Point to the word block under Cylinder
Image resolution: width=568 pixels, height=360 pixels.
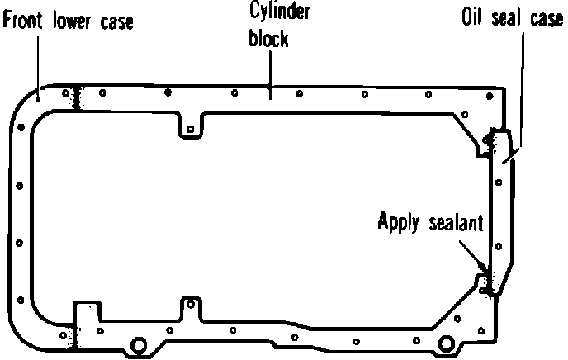click(268, 38)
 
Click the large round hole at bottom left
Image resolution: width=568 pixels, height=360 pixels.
click(137, 343)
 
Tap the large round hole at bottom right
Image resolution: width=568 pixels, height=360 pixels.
click(447, 343)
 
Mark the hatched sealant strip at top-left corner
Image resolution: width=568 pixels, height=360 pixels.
click(76, 98)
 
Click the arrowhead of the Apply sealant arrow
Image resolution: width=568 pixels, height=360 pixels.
click(484, 269)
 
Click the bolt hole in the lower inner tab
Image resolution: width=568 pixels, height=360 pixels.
click(191, 302)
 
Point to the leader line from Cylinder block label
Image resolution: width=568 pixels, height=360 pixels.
click(270, 70)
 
